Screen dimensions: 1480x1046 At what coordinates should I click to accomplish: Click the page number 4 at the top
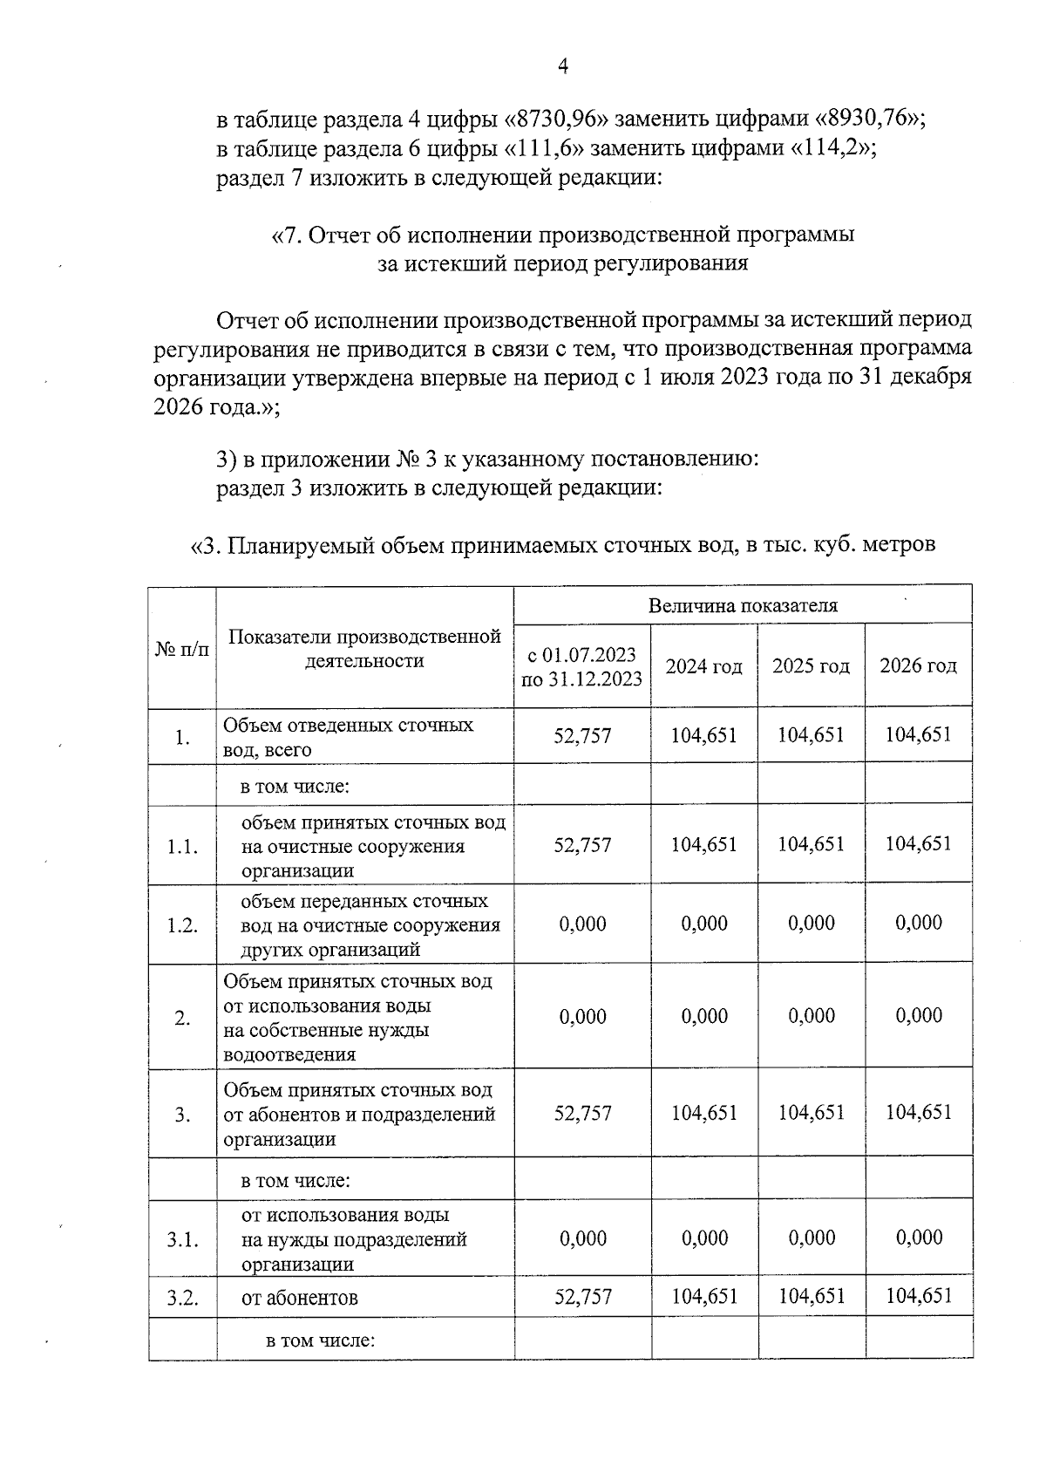(562, 67)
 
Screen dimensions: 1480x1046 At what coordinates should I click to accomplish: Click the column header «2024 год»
(704, 666)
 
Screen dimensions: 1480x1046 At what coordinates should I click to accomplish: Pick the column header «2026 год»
(918, 666)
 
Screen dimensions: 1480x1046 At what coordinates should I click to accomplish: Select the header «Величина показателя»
(743, 605)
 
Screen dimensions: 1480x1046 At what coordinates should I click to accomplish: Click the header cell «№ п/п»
(182, 649)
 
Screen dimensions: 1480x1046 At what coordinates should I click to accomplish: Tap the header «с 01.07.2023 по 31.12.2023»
(582, 666)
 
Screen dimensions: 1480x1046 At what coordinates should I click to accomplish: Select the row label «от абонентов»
(299, 1298)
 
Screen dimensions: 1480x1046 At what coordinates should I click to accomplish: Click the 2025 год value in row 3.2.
(812, 1296)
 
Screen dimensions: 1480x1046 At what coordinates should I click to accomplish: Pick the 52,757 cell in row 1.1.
(582, 845)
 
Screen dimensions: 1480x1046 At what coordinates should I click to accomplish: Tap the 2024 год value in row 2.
(704, 1016)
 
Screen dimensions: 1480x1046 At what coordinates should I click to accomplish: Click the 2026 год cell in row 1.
(918, 735)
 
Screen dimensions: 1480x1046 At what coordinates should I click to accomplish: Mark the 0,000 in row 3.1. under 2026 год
(918, 1238)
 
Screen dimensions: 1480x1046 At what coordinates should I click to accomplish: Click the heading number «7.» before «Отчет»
(290, 235)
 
